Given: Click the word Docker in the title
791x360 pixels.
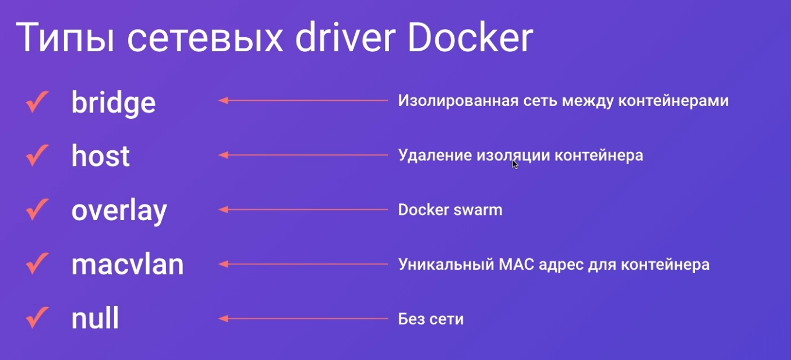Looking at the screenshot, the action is [470, 37].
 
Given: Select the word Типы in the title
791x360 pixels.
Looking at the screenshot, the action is [65, 37].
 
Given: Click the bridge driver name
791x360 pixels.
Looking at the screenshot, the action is [114, 103].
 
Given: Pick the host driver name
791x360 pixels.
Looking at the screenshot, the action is [101, 156].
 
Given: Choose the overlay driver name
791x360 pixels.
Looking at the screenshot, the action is [119, 211].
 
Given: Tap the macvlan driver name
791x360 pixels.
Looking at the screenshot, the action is [128, 264].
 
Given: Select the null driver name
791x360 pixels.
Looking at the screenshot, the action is [95, 317].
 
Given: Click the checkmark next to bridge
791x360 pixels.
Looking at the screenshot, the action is [37, 102].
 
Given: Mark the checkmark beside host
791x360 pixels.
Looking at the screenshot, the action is [37, 155].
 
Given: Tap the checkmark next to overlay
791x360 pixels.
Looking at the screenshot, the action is [37, 210].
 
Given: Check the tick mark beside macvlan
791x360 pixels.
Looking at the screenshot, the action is [37, 263].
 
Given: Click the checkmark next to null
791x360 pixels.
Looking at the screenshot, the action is [37, 317].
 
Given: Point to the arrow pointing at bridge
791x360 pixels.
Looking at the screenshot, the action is [303, 100].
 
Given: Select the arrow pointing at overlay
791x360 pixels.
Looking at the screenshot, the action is [303, 210].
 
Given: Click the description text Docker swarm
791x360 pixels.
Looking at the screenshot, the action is [450, 210].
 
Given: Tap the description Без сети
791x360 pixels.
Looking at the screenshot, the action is [431, 319].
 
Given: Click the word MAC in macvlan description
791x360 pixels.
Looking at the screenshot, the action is [516, 264].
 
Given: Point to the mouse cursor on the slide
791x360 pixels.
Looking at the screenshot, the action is [515, 164].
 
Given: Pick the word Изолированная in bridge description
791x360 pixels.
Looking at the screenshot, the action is [458, 101].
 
